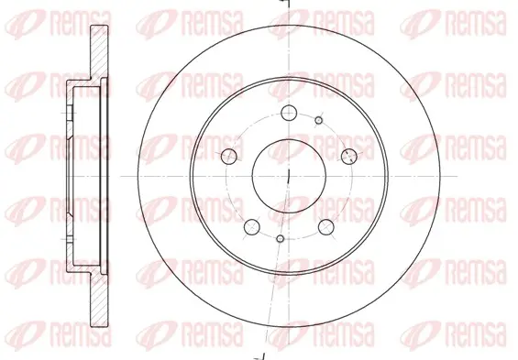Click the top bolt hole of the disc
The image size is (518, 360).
click(x=289, y=113)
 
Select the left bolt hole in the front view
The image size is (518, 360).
click(x=229, y=156)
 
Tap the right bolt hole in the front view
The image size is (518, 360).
click(x=349, y=156)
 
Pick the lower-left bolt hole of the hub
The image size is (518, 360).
click(x=252, y=227)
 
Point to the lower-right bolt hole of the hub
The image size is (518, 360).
click(x=326, y=227)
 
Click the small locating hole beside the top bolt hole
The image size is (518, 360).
click(x=319, y=120)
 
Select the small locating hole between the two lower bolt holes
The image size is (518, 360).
click(x=281, y=238)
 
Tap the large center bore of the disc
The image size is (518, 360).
click(x=289, y=176)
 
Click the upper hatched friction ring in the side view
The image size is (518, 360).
click(x=99, y=52)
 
